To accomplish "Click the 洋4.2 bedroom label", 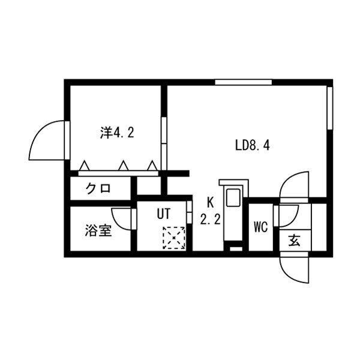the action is [117, 133].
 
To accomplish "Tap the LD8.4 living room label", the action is [253, 145].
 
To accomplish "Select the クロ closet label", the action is [98, 189].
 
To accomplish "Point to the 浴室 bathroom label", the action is [98, 230].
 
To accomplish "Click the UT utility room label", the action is [163, 214].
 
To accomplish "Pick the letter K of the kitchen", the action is [210, 203].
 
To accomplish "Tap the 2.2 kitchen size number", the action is [211, 219].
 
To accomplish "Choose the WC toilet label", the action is [261, 227].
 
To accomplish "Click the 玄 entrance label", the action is [295, 241].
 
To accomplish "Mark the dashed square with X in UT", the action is [174, 238].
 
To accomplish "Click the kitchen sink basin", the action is [233, 197].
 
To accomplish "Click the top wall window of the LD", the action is [244, 82].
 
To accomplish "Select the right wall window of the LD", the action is [329, 108].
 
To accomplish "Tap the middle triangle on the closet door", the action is [124, 166].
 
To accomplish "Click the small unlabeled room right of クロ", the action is [149, 186].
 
